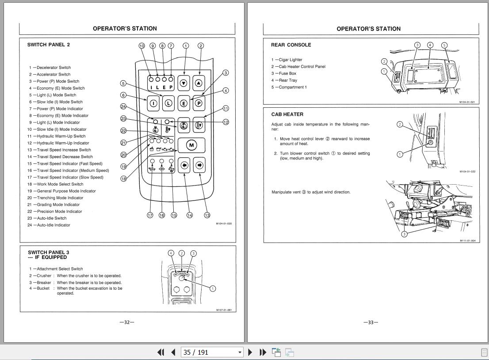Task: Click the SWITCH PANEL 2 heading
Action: [x=49, y=45]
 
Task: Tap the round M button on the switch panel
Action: [x=191, y=145]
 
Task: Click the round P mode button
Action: [x=199, y=103]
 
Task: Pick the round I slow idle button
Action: [x=153, y=104]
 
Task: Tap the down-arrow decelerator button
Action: [x=184, y=83]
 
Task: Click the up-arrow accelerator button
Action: [x=199, y=83]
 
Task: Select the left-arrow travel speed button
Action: [x=184, y=166]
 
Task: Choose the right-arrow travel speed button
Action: [x=199, y=166]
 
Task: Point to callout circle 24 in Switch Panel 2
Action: [x=123, y=106]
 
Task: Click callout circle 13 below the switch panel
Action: [x=207, y=215]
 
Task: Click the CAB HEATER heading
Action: [x=287, y=114]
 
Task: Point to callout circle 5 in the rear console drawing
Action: [x=444, y=45]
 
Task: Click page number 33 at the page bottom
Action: [x=371, y=322]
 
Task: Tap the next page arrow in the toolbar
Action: [x=250, y=352]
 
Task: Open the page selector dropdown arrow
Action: [x=240, y=352]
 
